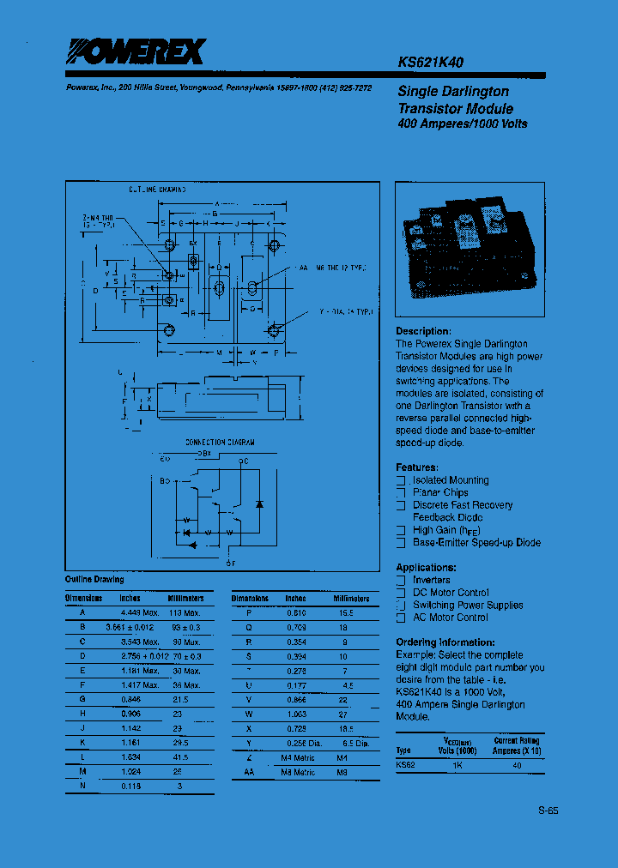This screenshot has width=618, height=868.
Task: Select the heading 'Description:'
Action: (x=422, y=331)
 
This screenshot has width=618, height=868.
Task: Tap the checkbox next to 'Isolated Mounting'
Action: (x=400, y=481)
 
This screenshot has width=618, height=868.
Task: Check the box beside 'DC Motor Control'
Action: (x=400, y=593)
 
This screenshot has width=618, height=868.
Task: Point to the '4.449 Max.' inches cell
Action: (x=139, y=613)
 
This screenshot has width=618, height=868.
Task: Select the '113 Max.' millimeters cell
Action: (x=185, y=613)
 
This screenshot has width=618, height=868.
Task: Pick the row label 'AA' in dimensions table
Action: (x=250, y=772)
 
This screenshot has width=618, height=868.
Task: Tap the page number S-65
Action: (x=548, y=810)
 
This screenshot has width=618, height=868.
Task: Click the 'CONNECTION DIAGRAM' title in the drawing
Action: (x=220, y=443)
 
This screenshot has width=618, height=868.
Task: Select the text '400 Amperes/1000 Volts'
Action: (x=462, y=124)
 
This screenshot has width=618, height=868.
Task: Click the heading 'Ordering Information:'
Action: (x=445, y=642)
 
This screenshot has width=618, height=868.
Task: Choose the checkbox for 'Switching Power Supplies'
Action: (x=400, y=605)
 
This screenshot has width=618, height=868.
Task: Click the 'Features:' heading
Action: (x=416, y=467)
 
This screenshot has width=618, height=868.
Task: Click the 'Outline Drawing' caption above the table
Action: (x=94, y=580)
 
